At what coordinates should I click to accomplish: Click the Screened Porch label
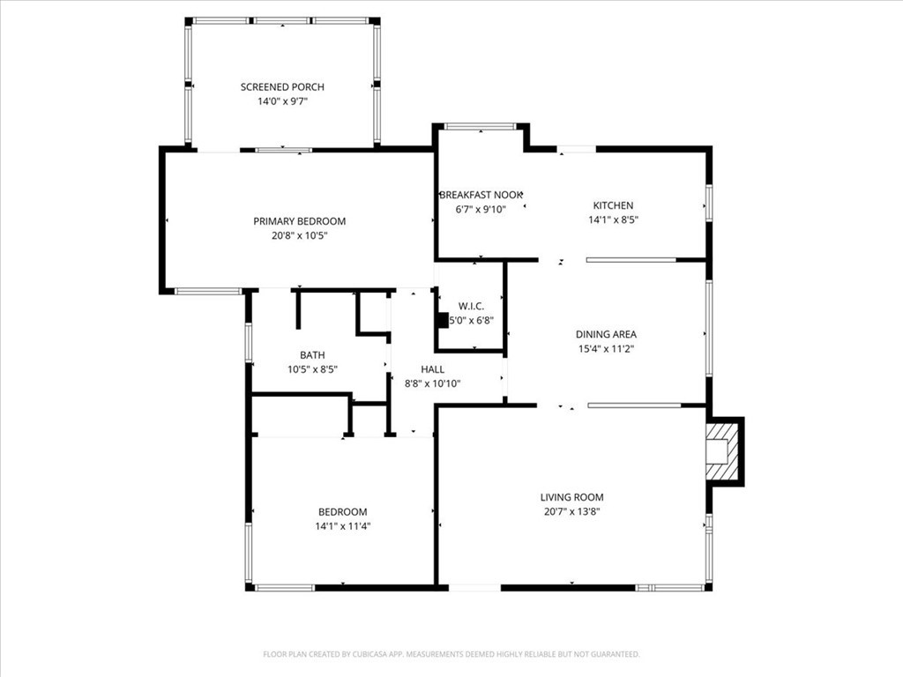click(282, 87)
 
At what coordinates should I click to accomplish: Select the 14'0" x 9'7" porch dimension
click(282, 101)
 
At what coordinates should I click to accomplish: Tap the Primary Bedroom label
click(300, 221)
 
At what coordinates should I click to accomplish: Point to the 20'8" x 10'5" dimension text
click(300, 235)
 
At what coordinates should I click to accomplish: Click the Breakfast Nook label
click(481, 195)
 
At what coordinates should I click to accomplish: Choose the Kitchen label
click(613, 205)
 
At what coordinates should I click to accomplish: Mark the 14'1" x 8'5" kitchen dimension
click(613, 219)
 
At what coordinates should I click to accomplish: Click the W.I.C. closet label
click(471, 306)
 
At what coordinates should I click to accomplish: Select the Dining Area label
click(606, 334)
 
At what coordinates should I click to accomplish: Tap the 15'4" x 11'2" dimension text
click(606, 348)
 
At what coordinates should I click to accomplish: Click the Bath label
click(312, 355)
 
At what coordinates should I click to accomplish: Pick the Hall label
click(432, 369)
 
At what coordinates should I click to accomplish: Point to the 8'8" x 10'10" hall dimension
click(432, 383)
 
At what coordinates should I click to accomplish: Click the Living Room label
click(572, 497)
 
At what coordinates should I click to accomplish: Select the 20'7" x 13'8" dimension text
click(572, 511)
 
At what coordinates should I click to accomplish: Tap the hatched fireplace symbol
click(724, 450)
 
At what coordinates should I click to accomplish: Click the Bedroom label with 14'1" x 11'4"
click(342, 512)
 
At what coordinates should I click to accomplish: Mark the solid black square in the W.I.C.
click(443, 321)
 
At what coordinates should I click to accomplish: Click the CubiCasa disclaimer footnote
click(451, 654)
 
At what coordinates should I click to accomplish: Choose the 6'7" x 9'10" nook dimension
click(481, 209)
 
